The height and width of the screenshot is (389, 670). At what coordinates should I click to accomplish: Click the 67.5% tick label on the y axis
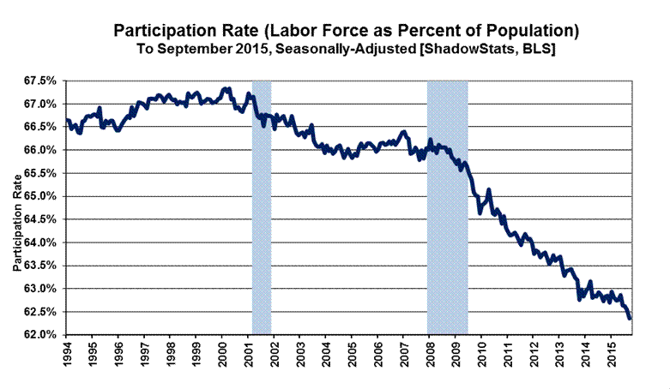[x=39, y=81]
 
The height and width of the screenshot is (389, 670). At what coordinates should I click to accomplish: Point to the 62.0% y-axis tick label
[x=39, y=334]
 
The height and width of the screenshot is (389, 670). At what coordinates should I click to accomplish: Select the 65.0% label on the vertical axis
[x=39, y=196]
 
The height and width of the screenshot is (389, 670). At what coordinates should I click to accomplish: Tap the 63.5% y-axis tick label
[x=39, y=266]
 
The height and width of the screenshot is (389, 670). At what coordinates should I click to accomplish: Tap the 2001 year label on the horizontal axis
[x=248, y=356]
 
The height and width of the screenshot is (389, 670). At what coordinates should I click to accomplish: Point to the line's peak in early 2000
[x=225, y=88]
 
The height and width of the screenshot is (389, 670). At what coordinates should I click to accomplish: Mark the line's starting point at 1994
[x=67, y=120]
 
